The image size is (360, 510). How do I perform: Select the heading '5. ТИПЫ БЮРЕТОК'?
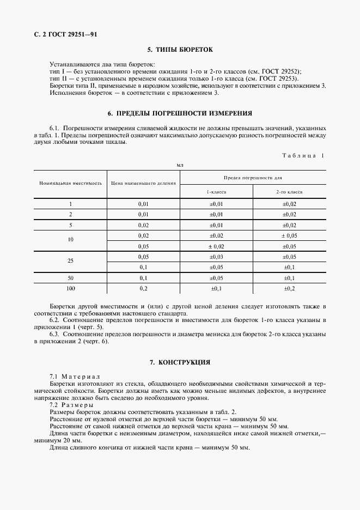180,50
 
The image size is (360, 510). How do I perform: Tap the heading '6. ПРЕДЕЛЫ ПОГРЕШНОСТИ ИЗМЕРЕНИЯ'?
180,113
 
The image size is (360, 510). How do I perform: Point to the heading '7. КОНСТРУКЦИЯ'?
180,362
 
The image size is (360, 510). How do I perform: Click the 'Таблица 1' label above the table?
303,155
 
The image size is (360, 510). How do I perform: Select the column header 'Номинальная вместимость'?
70,183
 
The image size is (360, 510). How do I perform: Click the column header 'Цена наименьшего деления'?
144,183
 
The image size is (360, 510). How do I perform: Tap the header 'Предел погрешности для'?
253,178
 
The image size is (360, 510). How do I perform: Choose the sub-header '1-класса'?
216,192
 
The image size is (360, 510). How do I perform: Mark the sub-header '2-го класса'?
289,192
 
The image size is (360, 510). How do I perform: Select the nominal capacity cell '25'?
70,261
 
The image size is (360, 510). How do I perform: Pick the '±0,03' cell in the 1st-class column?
216,256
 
